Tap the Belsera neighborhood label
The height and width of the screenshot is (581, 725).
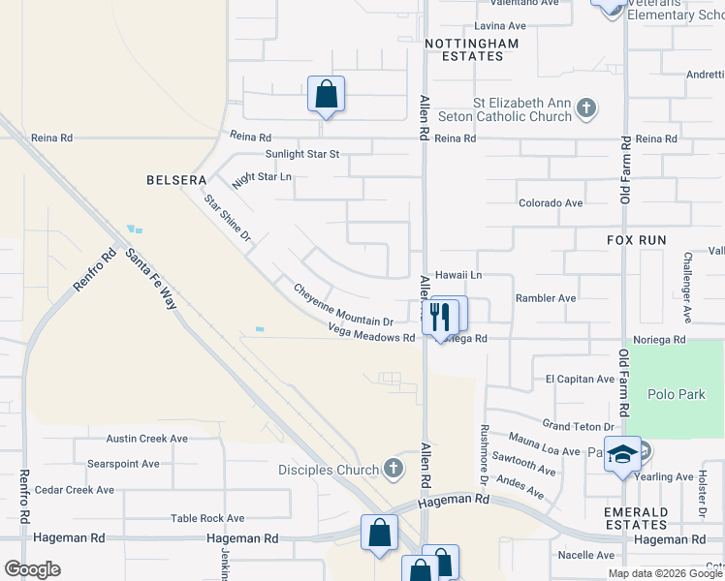click(x=177, y=180)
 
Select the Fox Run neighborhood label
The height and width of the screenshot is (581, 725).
click(x=636, y=238)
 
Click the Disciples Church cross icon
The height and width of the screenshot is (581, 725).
click(x=393, y=470)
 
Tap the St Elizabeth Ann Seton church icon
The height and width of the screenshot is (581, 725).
click(x=585, y=107)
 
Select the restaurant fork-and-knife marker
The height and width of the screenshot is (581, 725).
click(x=439, y=316)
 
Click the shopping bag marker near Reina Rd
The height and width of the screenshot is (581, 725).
click(x=327, y=95)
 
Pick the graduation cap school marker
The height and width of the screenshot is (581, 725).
click(x=622, y=454)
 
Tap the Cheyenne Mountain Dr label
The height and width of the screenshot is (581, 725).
click(x=343, y=304)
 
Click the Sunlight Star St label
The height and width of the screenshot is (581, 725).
click(x=303, y=154)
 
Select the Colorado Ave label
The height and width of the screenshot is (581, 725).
click(x=551, y=203)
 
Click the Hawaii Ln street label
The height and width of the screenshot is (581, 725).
click(x=458, y=276)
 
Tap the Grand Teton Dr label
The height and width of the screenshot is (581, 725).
click(x=579, y=426)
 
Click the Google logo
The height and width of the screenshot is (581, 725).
click(x=32, y=569)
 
